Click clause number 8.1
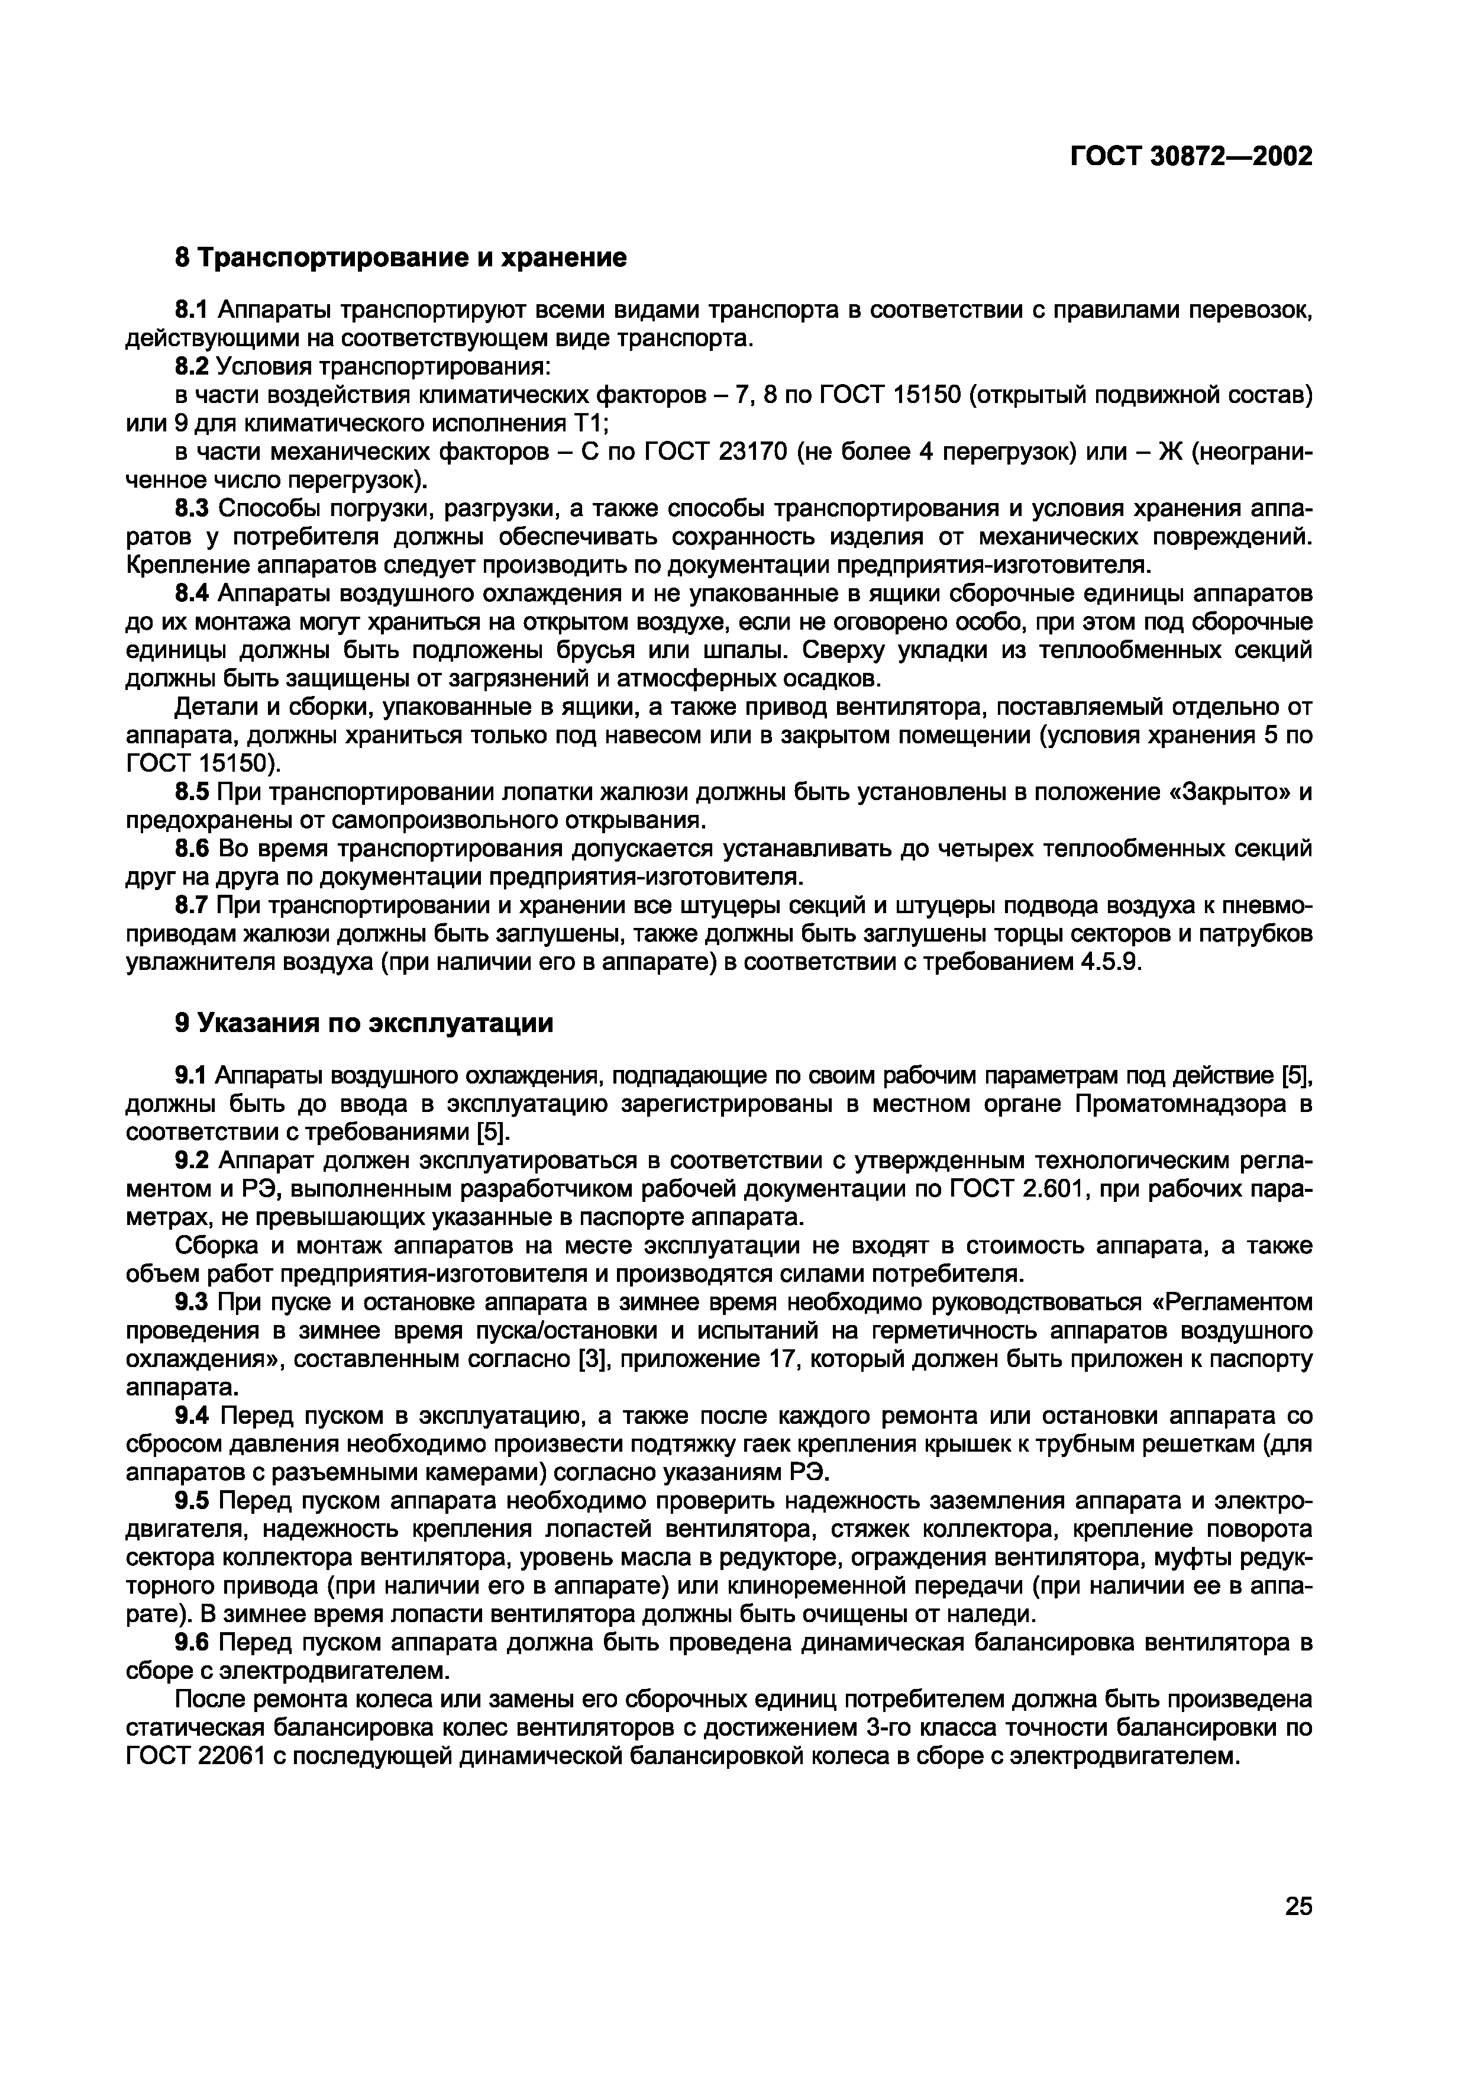[190, 310]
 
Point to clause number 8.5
[190, 792]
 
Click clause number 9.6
[190, 1642]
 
